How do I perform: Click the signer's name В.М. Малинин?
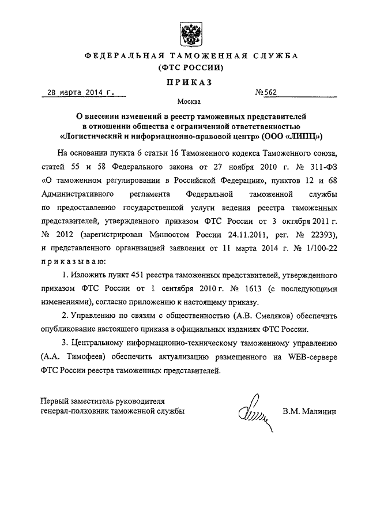pyautogui.click(x=309, y=412)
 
